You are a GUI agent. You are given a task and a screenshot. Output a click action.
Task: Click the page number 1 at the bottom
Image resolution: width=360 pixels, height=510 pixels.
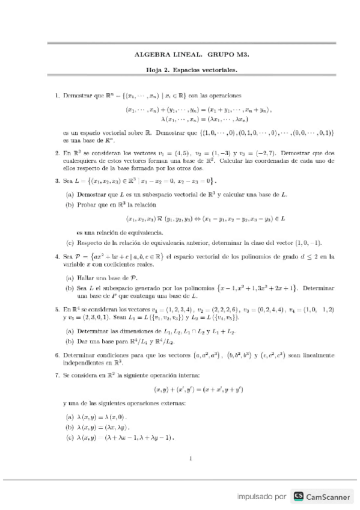coord(190,459)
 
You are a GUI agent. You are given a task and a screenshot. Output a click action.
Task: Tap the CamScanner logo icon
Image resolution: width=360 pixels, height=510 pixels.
coord(298,496)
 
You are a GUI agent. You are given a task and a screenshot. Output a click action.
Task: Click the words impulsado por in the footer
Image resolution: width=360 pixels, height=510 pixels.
coord(261,497)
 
